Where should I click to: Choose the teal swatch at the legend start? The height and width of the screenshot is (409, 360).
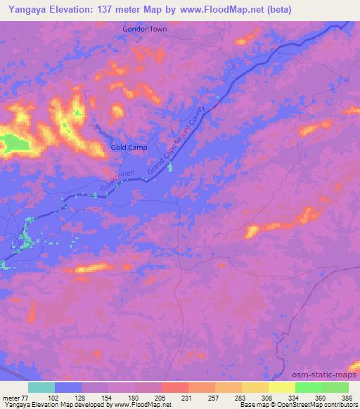41,387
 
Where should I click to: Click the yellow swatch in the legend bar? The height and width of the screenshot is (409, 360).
281,387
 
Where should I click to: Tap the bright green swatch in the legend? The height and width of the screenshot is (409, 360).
308,387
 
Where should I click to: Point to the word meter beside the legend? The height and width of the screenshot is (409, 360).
11,397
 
